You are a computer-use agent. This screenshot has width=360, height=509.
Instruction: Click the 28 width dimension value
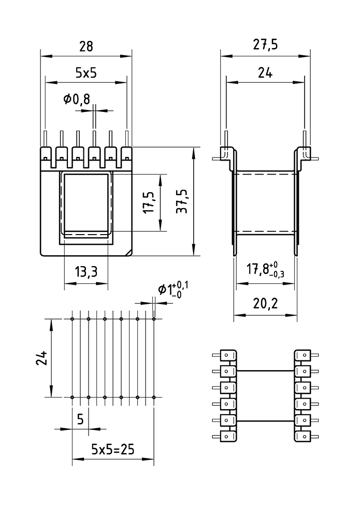[86, 46]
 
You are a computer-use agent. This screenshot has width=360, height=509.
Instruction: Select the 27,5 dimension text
[265, 45]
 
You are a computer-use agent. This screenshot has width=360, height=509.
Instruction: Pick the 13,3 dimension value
[86, 271]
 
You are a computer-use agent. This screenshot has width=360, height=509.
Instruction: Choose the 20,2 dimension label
[265, 303]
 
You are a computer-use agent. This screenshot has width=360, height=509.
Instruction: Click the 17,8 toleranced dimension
[265, 270]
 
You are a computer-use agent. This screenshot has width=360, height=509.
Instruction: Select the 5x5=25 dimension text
[112, 448]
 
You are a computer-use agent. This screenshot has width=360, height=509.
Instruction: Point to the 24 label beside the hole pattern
[44, 358]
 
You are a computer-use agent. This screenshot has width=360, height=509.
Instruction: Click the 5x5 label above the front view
[86, 73]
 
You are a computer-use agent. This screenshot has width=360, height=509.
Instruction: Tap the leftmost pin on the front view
[46, 139]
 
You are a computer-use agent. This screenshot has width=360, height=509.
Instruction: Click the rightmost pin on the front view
[127, 139]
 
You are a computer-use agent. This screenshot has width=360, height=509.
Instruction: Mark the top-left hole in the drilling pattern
[72, 319]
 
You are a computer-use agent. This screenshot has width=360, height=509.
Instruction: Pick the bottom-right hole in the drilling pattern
[154, 397]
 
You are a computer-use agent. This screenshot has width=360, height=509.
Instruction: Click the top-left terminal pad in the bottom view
[228, 355]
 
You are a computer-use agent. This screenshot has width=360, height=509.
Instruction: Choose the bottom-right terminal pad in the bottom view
[302, 436]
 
